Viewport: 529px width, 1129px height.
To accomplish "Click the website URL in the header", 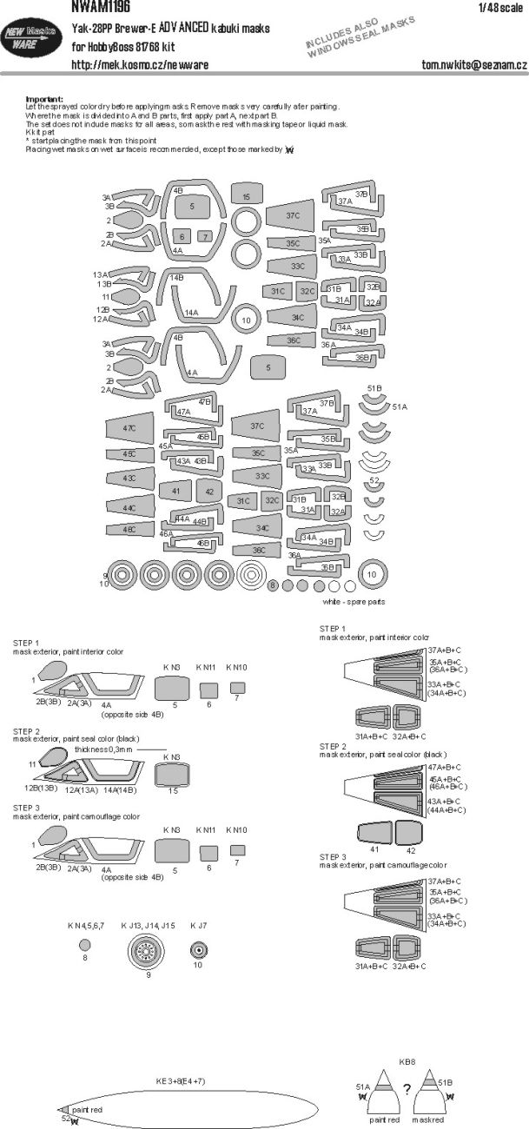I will (x=139, y=64).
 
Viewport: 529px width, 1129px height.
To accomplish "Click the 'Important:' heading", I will (x=44, y=100).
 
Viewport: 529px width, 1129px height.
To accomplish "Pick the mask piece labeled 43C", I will (x=129, y=478).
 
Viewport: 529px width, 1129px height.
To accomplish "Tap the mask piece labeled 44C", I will (x=129, y=507).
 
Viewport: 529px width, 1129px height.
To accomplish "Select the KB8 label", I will (x=406, y=1062).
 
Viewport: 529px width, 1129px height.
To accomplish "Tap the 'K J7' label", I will (x=198, y=926).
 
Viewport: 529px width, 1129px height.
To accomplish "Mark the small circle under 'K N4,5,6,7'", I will (x=84, y=945).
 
